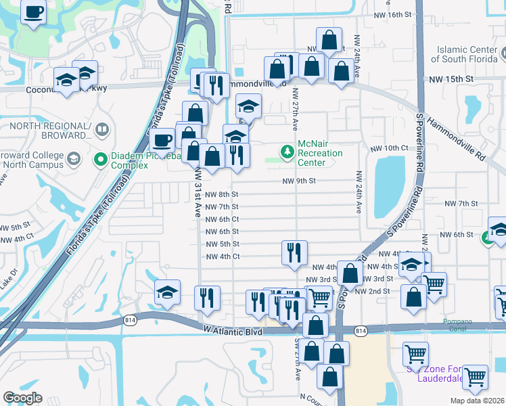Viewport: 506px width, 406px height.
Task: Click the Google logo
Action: click(23, 398)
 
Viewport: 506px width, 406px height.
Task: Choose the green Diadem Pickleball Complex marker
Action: click(101, 160)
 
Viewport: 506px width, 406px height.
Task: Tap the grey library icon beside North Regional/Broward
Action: click(101, 128)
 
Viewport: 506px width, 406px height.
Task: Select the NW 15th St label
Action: click(450, 79)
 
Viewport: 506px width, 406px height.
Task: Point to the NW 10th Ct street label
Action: click(389, 148)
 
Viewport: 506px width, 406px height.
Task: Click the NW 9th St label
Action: click(299, 181)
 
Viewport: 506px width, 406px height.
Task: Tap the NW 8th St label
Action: click(222, 195)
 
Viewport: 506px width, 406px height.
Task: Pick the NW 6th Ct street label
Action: click(222, 219)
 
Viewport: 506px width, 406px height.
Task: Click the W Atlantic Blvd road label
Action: click(232, 331)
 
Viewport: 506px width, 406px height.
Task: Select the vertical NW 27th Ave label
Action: click(296, 108)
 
